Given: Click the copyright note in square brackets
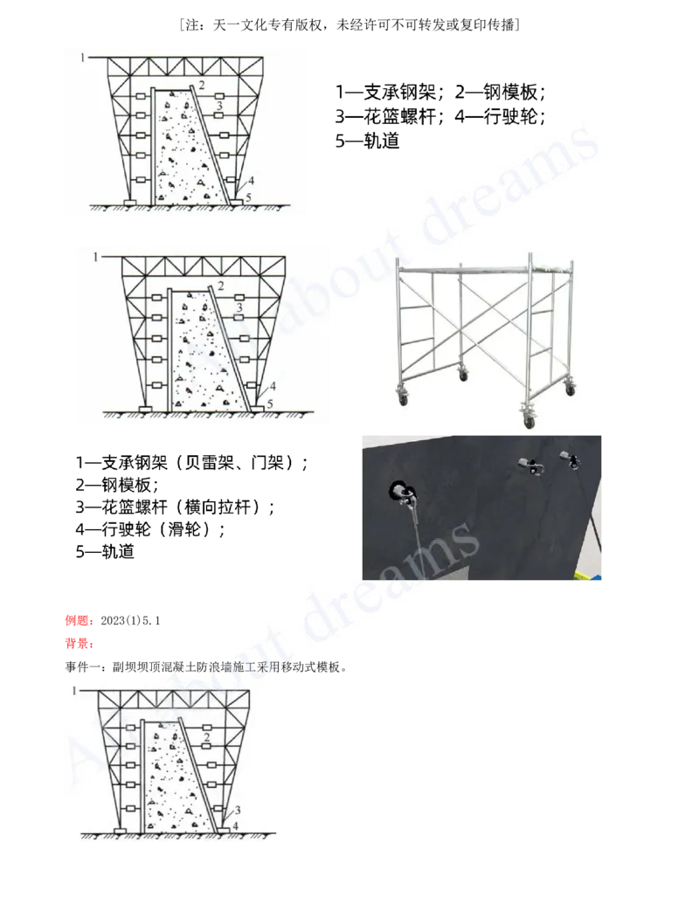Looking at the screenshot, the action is [349, 24].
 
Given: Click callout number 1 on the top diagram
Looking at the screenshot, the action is [82, 57].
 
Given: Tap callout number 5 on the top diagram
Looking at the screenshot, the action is [248, 197].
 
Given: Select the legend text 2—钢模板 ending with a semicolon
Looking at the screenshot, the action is [500, 92].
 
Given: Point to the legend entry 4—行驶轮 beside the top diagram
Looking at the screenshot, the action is [500, 116].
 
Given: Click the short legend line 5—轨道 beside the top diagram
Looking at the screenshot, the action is [367, 141].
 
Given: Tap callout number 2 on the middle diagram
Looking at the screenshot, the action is [221, 286].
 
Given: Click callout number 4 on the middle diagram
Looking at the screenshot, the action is [273, 386].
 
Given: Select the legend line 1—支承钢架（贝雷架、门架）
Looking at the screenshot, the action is [191, 462].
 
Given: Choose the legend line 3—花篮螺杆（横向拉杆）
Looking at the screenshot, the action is [175, 507].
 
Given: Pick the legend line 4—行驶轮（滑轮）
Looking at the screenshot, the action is [150, 528].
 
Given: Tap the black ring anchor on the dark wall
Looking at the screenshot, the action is [400, 492].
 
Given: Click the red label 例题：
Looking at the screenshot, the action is [80, 620].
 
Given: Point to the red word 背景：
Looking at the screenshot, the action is [80, 644].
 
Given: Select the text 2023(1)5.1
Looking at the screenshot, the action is [130, 620].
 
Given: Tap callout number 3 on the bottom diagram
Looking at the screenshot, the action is [237, 811].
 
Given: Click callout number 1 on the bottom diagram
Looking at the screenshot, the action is [73, 690].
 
